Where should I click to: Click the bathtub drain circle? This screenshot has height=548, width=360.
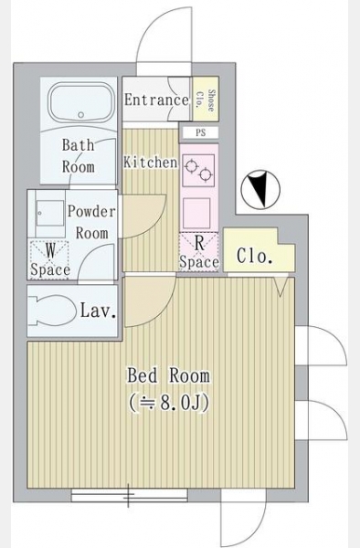click(81, 115)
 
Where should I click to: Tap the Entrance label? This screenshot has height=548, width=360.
click(156, 100)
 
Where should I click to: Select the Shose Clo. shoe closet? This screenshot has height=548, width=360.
click(206, 99)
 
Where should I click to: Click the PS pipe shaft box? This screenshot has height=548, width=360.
click(201, 132)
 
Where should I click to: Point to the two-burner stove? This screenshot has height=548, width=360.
click(198, 169)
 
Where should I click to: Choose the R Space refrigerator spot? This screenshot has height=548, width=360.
click(199, 252)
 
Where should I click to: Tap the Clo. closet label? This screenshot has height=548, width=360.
click(254, 256)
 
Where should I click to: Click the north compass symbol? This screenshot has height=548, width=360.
click(260, 190)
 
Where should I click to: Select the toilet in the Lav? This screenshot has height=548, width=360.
click(52, 311)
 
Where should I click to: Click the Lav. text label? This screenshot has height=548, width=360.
click(98, 311)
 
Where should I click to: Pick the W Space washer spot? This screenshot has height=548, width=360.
click(49, 259)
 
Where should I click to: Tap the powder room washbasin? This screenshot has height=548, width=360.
click(50, 213)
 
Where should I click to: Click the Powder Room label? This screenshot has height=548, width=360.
click(91, 222)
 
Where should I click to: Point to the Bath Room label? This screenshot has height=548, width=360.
click(79, 155)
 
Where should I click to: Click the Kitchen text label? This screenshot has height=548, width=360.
click(150, 163)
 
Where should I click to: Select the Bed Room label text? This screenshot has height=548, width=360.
click(168, 375)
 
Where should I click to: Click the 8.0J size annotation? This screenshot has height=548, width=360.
click(169, 403)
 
